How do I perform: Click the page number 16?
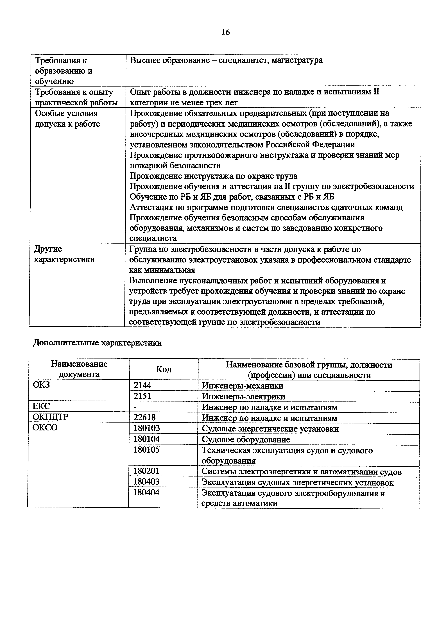225,32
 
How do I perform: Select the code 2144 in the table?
142,385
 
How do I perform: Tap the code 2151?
142,396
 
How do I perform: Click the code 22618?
144,417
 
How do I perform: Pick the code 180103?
146,428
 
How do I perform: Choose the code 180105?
146,450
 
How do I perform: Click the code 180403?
146,482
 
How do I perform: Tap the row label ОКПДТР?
50,417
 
